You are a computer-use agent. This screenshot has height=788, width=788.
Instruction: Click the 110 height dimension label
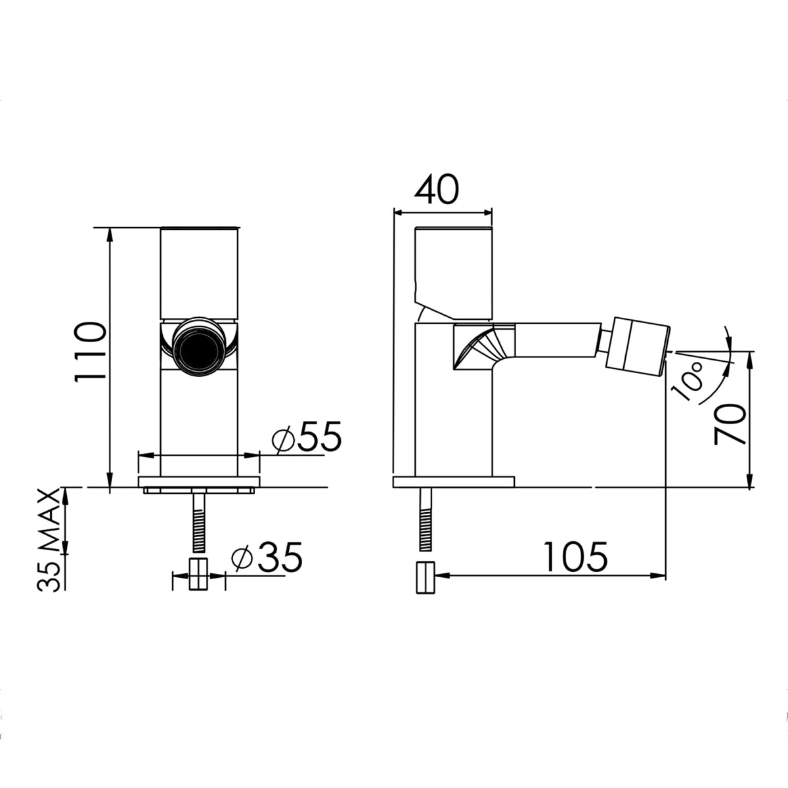91,352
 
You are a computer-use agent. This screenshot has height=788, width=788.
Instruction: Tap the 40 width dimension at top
436,190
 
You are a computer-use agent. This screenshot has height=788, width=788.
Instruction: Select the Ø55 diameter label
306,437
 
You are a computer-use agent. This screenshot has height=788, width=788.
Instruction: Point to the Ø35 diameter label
266,558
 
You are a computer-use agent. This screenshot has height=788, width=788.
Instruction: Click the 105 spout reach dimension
576,557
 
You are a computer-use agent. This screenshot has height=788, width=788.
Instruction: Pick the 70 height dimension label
730,424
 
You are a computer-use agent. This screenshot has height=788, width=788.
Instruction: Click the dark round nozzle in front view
198,349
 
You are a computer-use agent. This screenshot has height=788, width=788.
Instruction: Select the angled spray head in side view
638,345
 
